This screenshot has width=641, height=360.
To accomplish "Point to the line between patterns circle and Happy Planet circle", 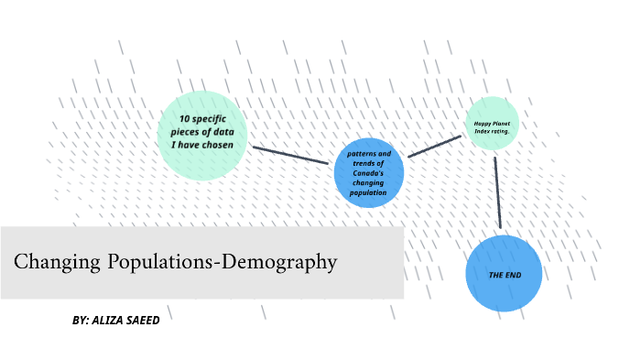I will point(434,147).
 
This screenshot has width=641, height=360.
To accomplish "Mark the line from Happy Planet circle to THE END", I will point(497,191).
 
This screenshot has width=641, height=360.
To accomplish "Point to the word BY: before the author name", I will point(81,321).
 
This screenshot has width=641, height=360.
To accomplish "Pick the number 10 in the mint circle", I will point(184,120).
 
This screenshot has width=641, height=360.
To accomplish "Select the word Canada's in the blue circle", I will point(367,173).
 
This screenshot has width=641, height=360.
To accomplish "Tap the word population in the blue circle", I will point(367,193).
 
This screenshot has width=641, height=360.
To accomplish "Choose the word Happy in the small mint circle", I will point(483,123).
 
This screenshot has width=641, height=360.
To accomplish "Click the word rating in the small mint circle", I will point(500,131).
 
